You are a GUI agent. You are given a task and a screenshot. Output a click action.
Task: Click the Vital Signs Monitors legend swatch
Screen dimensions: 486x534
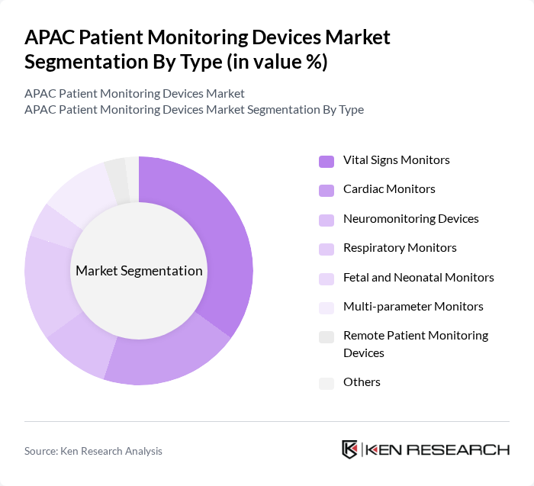click(327, 161)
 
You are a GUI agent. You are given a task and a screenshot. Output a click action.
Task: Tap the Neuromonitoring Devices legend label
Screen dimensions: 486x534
click(410, 218)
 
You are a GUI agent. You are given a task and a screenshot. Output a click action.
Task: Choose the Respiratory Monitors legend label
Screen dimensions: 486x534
click(400, 247)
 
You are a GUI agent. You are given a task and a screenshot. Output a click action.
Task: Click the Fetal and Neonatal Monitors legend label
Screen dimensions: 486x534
click(418, 277)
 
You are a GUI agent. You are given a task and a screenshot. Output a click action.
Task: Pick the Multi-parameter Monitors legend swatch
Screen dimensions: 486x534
click(327, 307)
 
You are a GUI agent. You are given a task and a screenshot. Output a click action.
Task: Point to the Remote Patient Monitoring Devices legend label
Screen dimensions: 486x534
click(415, 344)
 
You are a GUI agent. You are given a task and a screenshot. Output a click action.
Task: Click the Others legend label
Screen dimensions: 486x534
click(362, 381)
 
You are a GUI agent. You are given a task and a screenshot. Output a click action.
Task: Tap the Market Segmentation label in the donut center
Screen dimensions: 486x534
click(139, 271)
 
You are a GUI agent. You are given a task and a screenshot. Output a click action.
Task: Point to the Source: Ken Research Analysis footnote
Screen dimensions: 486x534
click(93, 451)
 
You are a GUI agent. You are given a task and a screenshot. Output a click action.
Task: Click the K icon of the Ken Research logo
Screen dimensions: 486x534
click(350, 449)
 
